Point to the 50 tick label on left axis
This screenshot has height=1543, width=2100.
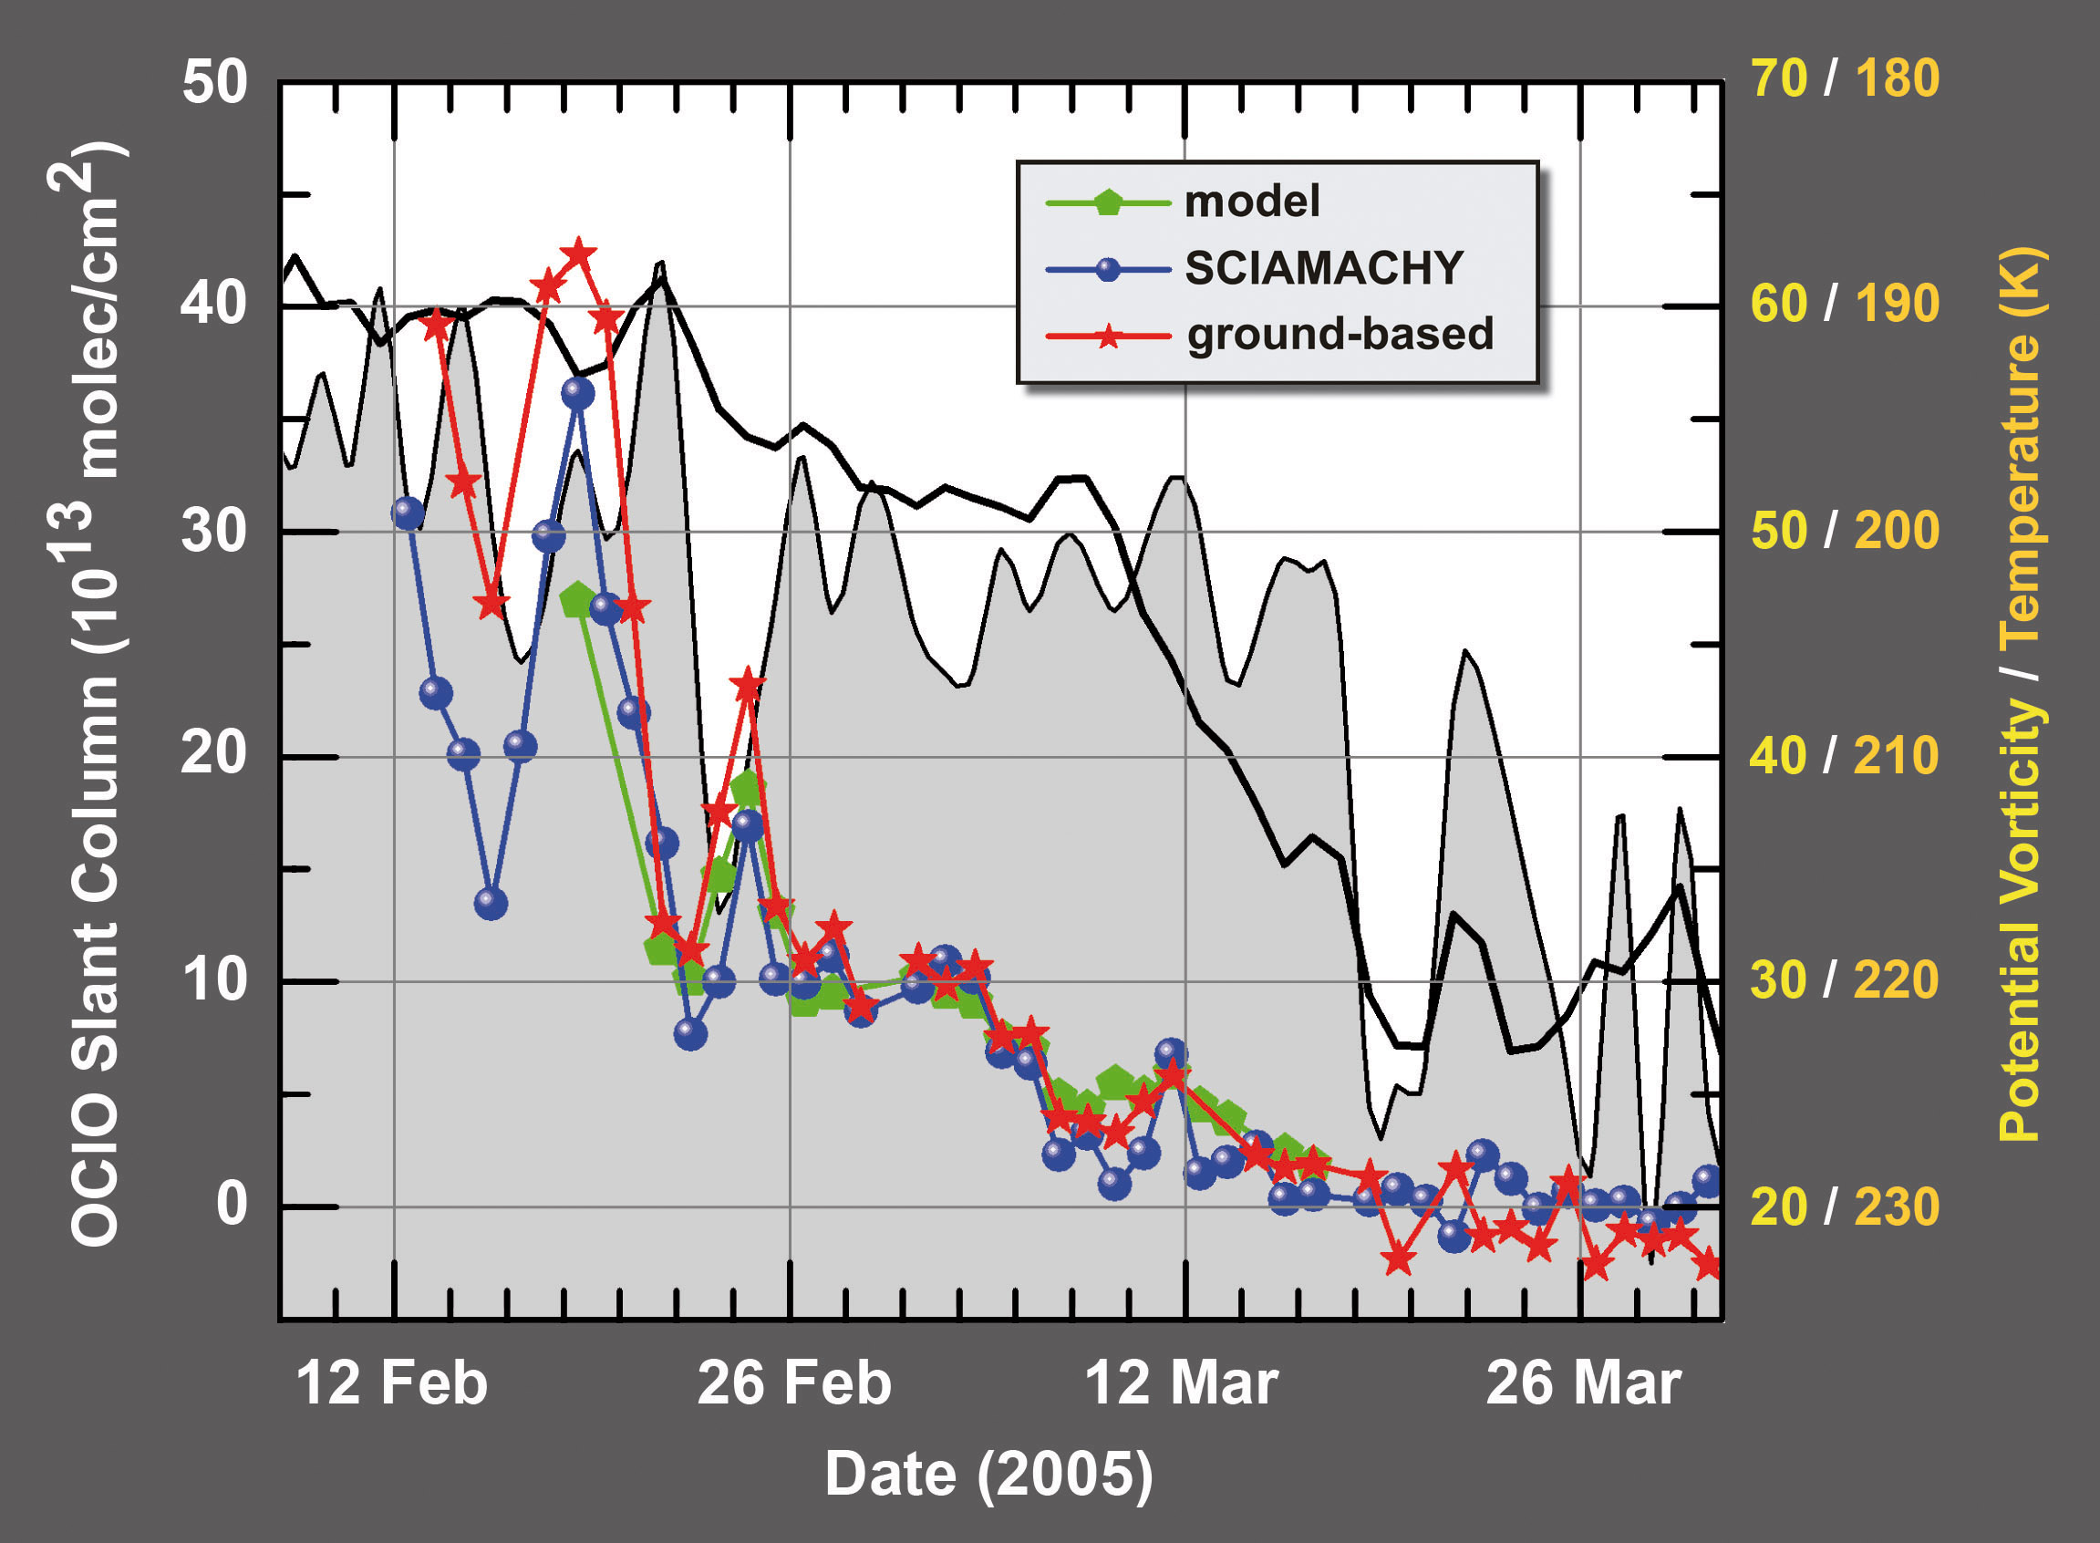tap(215, 82)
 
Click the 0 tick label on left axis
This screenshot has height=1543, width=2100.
tap(232, 1206)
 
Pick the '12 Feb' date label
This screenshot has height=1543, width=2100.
tap(392, 1383)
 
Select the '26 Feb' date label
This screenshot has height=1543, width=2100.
tap(793, 1383)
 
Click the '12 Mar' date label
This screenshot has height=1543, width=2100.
tap(1181, 1383)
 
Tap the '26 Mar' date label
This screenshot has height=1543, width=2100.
tap(1583, 1383)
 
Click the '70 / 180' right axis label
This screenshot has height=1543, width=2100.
tap(1845, 78)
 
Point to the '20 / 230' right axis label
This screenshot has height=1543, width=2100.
tap(1845, 1206)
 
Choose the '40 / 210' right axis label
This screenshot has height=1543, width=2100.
tap(1845, 756)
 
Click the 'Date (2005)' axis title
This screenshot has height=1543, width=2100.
tap(988, 1475)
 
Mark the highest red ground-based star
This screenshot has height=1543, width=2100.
tap(578, 254)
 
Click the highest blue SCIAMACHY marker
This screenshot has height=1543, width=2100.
tap(578, 393)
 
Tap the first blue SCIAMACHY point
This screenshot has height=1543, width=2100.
tap(408, 513)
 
